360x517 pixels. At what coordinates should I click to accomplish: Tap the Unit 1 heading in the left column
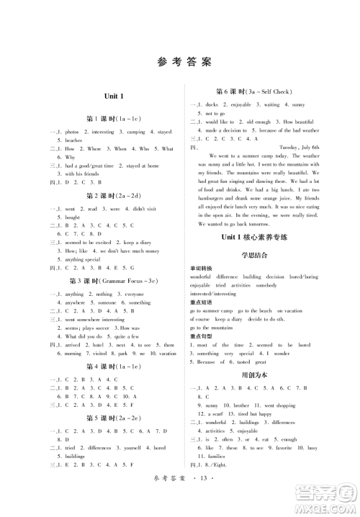(x=94, y=96)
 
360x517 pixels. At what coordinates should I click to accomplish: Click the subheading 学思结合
(x=265, y=253)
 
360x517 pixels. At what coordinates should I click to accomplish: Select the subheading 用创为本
(x=265, y=375)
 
